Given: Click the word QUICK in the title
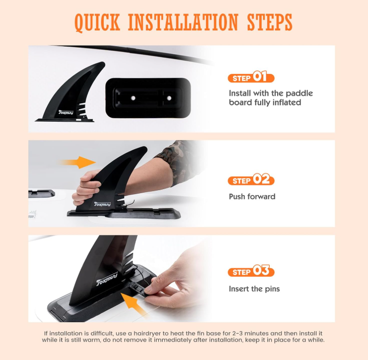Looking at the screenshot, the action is [x=97, y=22].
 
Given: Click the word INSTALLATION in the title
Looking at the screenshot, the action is [x=183, y=22].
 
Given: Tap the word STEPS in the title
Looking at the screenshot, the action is [x=270, y=22].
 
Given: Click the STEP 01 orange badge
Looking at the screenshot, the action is [x=251, y=77].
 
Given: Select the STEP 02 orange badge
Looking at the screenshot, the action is [x=251, y=180].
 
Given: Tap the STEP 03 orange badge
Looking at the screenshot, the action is [x=251, y=271].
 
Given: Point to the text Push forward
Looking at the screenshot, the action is [x=252, y=197].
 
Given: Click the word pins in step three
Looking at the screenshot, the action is [x=272, y=289].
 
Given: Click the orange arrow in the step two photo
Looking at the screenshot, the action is [x=77, y=162].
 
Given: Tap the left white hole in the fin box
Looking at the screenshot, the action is [x=133, y=98].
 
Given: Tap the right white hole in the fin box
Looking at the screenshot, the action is [x=169, y=98].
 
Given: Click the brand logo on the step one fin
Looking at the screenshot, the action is [x=66, y=112].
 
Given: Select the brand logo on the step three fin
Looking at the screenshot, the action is [x=107, y=279].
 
